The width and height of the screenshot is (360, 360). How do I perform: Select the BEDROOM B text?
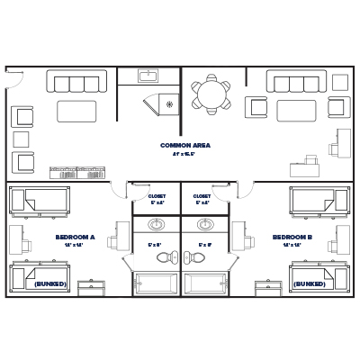292,238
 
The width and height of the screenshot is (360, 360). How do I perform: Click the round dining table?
211,94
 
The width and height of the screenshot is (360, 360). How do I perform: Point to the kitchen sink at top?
148,76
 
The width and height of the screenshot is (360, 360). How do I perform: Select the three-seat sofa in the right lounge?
295,83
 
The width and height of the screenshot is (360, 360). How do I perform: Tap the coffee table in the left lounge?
76,111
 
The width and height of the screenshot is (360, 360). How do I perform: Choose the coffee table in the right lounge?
296,111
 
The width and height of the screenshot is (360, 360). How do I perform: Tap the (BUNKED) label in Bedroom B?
309,283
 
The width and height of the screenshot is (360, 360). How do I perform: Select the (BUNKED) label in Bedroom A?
49,283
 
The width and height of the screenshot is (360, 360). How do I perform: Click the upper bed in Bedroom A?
40,199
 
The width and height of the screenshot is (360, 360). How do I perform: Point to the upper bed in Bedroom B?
319,199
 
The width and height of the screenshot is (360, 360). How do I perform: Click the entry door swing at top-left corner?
13,77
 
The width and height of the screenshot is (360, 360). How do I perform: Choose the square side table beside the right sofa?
339,82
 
